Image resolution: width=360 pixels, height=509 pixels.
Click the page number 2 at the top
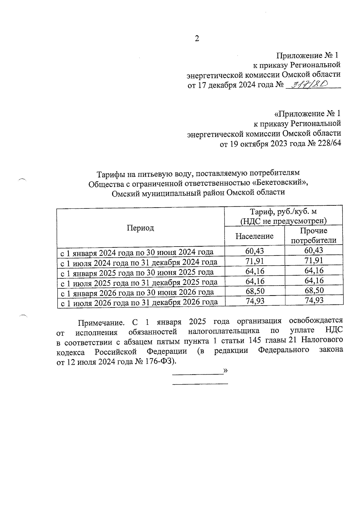197,39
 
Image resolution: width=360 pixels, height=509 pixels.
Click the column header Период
140,228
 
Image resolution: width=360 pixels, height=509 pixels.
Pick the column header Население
254,236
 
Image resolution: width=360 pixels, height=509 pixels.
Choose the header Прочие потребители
313,235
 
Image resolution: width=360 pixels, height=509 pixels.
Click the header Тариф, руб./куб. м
283,212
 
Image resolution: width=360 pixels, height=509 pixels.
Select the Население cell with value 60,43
255,251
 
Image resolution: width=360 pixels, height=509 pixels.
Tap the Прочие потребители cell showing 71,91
314,260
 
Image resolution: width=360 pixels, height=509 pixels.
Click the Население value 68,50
255,291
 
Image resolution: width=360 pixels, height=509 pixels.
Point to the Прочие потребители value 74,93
314,300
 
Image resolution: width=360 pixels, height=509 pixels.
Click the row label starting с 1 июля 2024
139,262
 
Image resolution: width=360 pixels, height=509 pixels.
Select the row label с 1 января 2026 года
137,292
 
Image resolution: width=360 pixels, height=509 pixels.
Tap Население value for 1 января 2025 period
255,271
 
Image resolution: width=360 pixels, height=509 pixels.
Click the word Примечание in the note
101,323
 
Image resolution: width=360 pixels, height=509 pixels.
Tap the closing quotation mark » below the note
226,371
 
